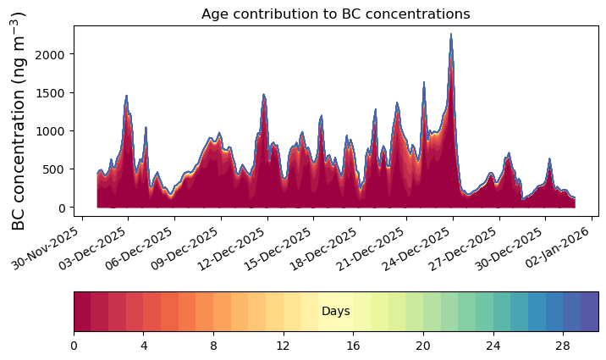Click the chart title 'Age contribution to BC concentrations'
(x=335, y=14)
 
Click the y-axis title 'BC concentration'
(x=18, y=158)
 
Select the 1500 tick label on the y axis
(x=50, y=93)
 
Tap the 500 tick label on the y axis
(x=53, y=169)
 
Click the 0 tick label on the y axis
(x=62, y=208)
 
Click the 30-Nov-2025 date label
(x=45, y=248)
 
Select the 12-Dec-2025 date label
(x=231, y=248)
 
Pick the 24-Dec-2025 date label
(x=416, y=248)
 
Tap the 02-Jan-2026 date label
(x=557, y=246)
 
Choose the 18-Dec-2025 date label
(x=323, y=248)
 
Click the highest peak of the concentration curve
(x=450, y=34)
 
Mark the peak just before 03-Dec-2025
(x=126, y=95)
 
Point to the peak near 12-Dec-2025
(x=263, y=94)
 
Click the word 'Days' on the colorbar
(x=336, y=311)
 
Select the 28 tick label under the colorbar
(x=563, y=346)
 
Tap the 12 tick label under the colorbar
(x=284, y=346)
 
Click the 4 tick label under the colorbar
(x=144, y=346)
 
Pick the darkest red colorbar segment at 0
(x=82, y=312)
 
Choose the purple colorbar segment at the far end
(x=590, y=312)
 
